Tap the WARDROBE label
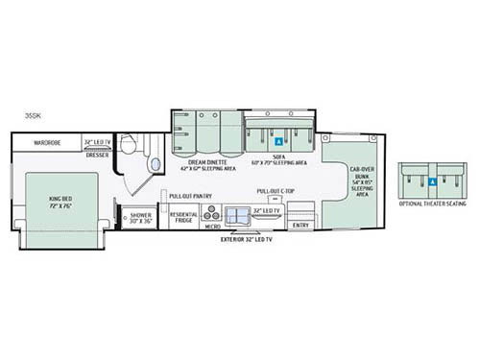coord(48,143)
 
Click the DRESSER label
coord(96,156)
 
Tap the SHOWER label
coord(140,217)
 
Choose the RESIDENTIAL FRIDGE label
coord(183,217)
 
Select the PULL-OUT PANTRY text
coord(190,196)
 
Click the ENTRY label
coord(300,226)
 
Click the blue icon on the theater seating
coord(432,180)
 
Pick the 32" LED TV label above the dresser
coord(98,142)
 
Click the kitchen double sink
coord(235,215)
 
